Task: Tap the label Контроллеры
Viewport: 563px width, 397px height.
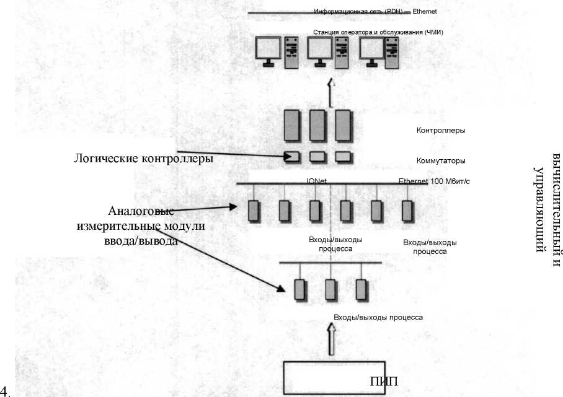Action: (x=441, y=131)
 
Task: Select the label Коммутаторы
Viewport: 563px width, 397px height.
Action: (x=441, y=160)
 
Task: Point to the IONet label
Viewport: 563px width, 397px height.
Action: (x=316, y=181)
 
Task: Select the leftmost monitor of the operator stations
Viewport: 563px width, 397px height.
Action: (x=268, y=49)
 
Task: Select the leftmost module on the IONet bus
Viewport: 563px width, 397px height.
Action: (x=253, y=211)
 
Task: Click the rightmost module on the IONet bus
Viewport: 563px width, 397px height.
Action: (x=407, y=211)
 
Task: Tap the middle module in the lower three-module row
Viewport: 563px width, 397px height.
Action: (x=330, y=289)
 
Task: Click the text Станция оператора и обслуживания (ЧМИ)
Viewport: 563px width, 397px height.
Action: (x=378, y=32)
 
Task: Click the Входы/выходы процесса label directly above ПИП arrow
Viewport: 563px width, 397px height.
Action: (x=378, y=317)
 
